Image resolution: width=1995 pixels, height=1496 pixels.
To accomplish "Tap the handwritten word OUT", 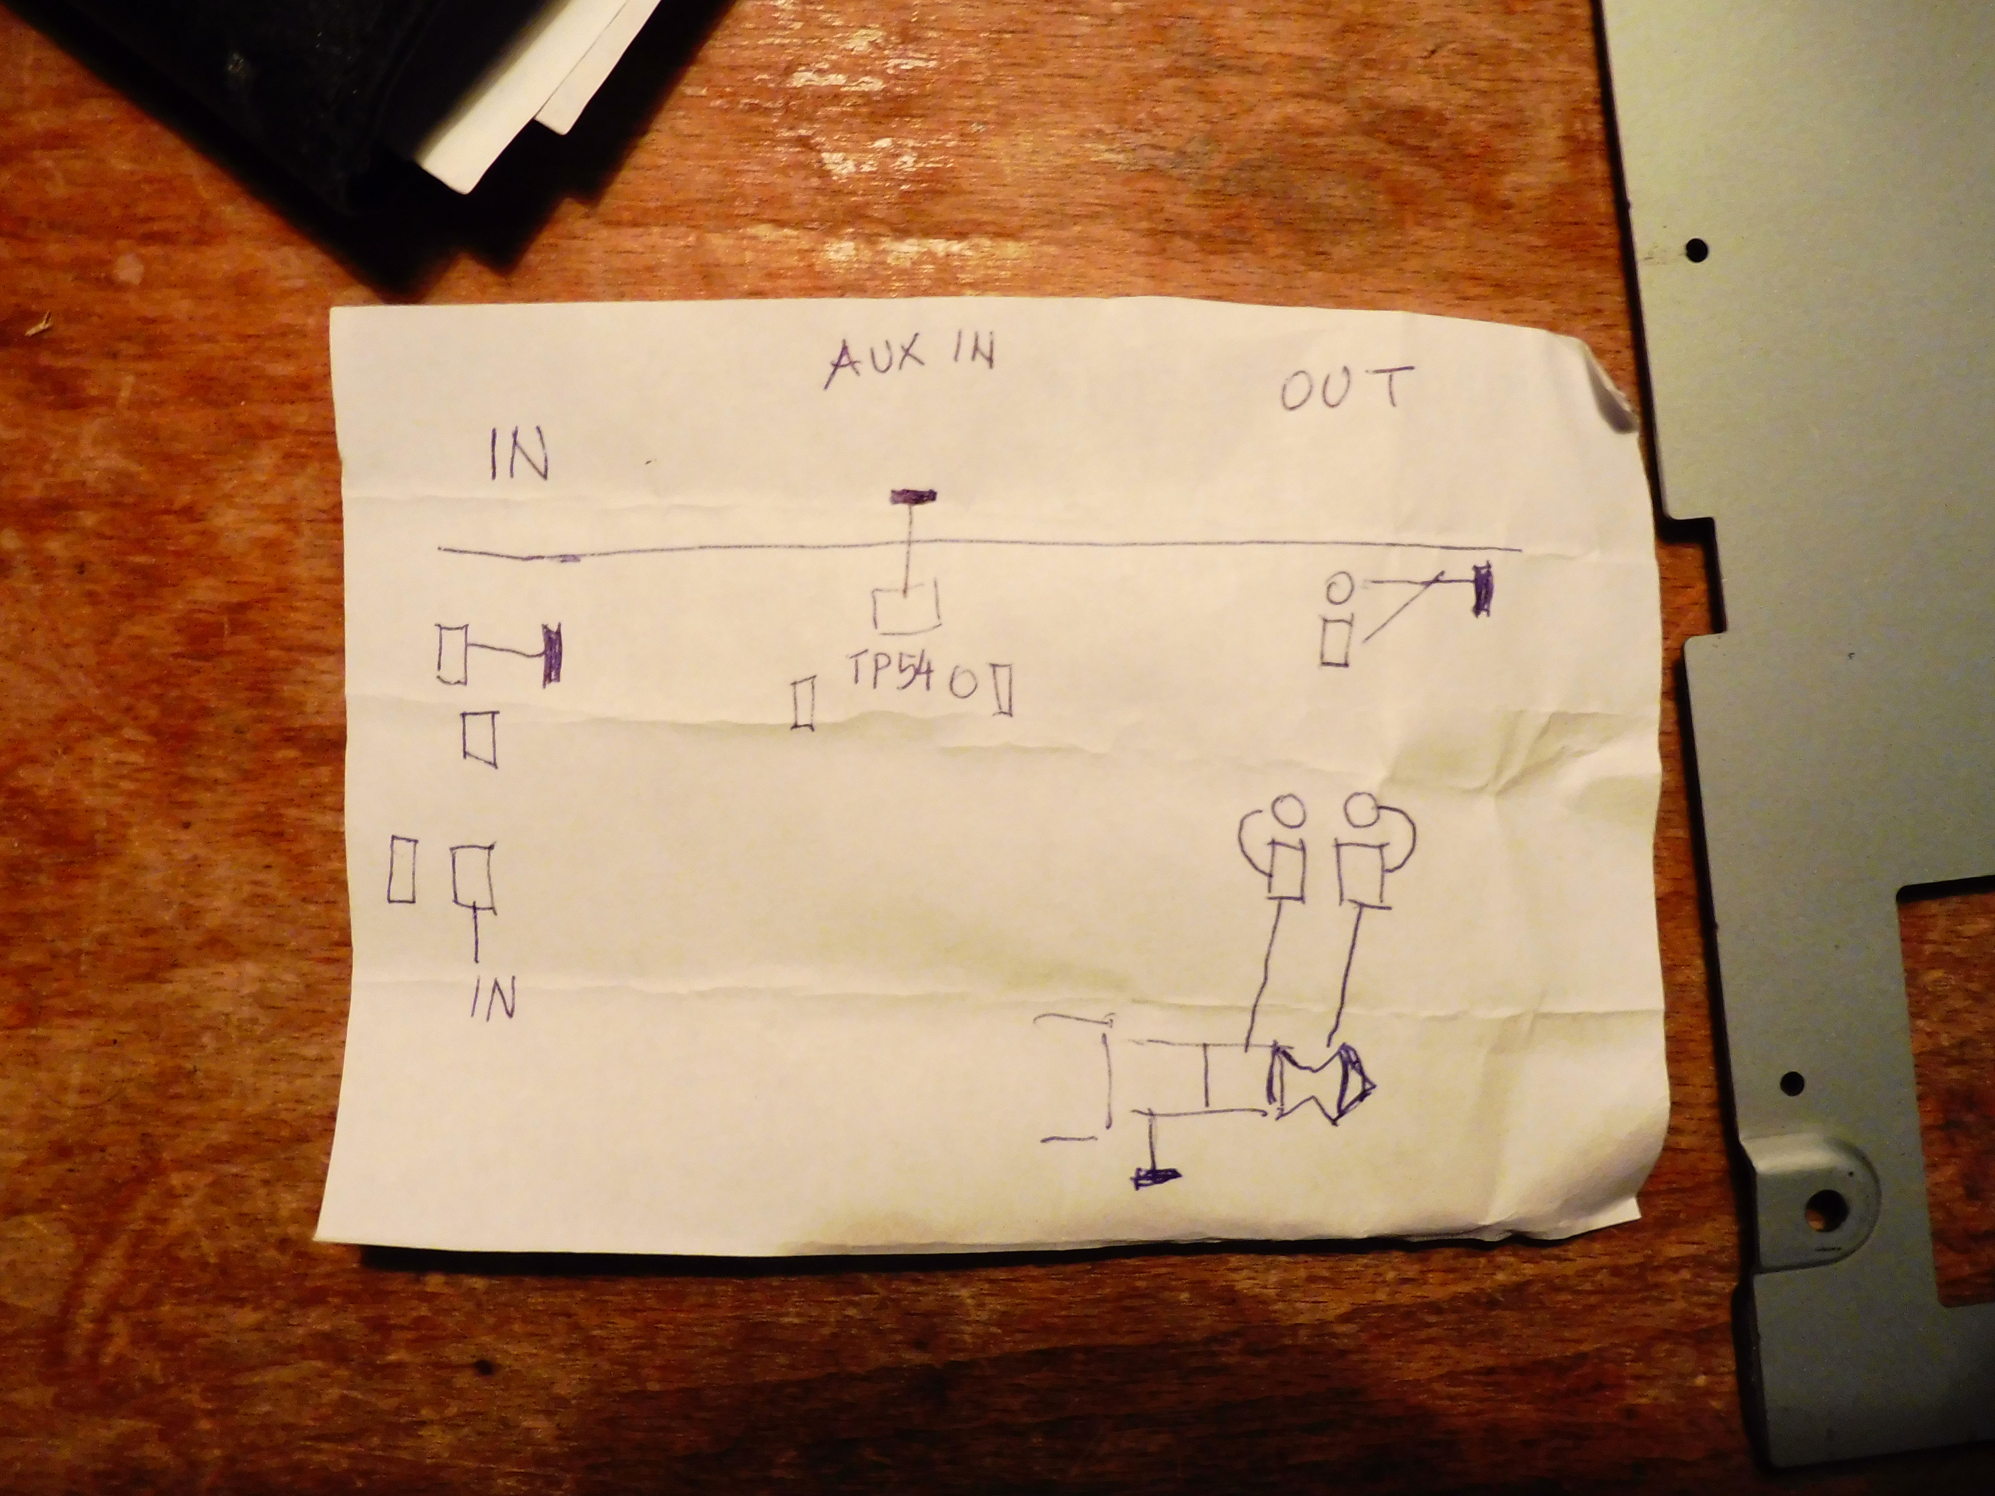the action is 1342,389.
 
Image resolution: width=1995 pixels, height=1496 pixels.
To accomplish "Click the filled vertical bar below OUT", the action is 1480,590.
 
